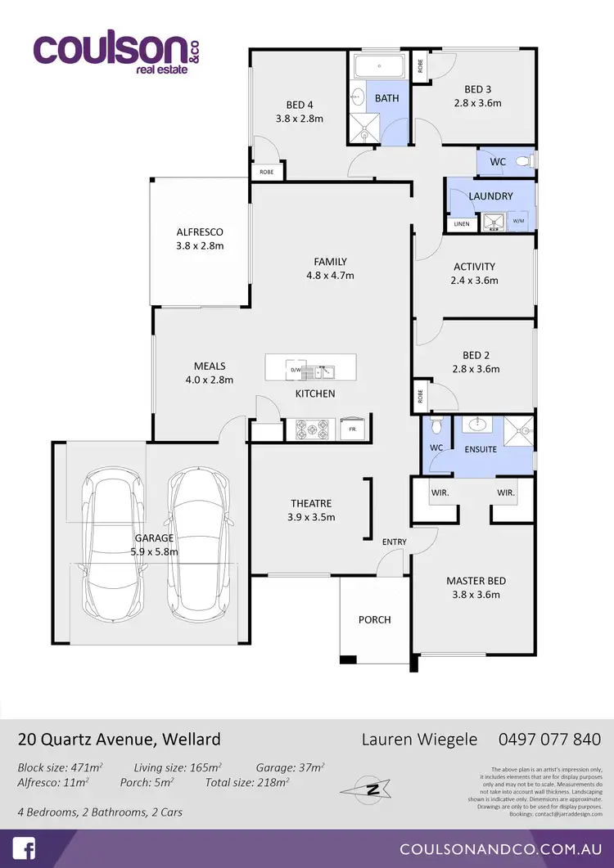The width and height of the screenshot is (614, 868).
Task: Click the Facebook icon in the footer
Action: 24,848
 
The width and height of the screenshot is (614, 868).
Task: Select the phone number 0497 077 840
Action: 549,740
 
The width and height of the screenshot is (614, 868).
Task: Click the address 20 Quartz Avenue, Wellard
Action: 120,740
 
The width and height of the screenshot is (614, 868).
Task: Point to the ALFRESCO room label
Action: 200,232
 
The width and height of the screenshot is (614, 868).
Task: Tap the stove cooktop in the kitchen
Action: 312,428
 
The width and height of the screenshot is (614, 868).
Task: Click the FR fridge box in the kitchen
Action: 352,429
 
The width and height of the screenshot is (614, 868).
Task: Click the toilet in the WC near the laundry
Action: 526,161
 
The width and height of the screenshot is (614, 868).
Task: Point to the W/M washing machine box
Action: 518,221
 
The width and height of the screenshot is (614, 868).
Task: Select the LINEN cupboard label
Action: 461,224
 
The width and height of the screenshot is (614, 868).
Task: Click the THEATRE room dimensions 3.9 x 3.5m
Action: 311,517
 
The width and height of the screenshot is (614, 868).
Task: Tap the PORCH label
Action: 375,619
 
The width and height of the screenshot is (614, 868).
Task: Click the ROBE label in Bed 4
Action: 267,173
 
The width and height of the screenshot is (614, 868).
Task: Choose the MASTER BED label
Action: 476,581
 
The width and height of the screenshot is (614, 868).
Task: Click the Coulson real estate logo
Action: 116,51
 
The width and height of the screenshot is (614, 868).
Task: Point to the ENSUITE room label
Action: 481,449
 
